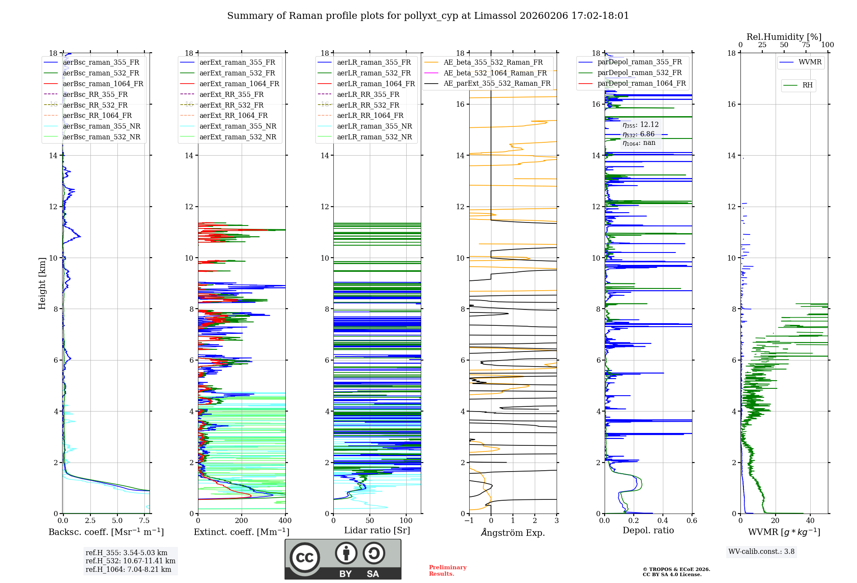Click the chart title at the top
pos(428,16)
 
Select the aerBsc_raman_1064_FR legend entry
pos(103,84)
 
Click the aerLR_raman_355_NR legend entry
pos(374,126)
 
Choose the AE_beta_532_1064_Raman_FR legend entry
pos(495,73)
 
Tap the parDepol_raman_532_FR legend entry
pos(639,73)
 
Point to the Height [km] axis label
pos(42,283)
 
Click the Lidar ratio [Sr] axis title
pos(377,530)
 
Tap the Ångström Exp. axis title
pos(513,532)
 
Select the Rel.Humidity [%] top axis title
pos(784,37)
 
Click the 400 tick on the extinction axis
pos(285,521)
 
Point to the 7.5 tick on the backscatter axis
pos(144,521)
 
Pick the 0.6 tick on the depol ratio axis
pos(692,521)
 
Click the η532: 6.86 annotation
pos(638,134)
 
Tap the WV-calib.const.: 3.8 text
pos(761,552)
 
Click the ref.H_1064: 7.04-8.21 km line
pos(128,569)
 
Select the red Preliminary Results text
pos(447,571)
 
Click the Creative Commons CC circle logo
pos(305,558)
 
